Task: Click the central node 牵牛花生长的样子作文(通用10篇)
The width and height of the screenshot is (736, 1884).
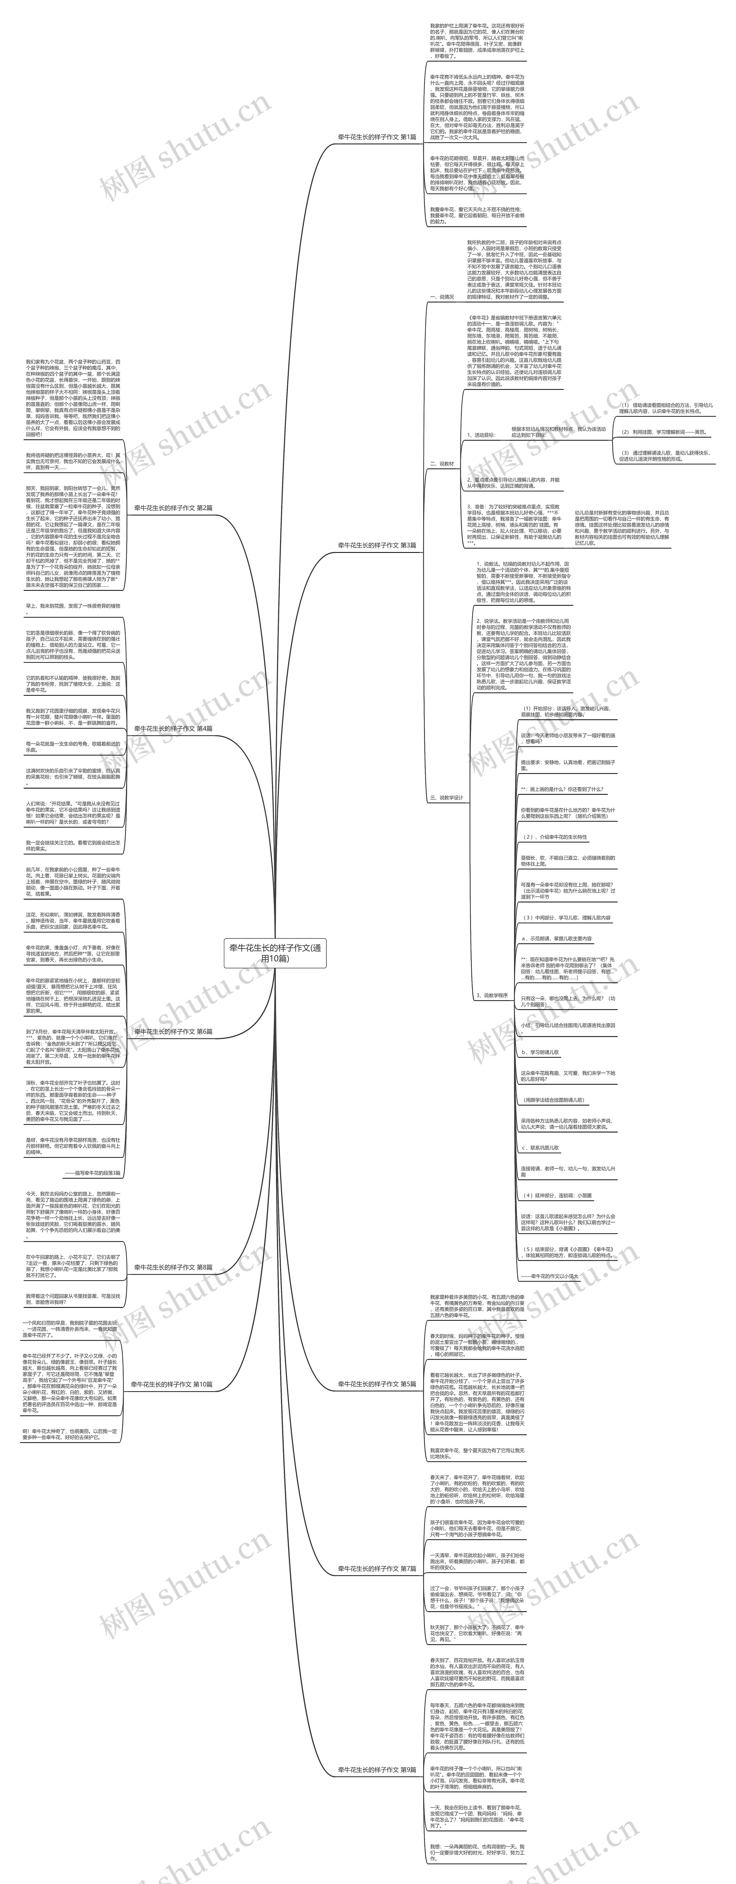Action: point(274,953)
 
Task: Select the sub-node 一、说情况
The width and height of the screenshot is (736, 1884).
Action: point(442,297)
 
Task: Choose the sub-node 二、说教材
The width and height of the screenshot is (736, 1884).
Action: point(442,464)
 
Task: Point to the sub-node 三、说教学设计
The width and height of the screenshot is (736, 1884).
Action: point(446,798)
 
